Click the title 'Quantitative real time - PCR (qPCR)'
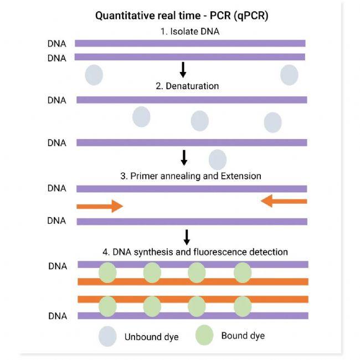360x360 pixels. coord(182,16)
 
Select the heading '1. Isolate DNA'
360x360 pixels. coord(190,32)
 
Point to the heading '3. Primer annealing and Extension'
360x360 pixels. coord(191,176)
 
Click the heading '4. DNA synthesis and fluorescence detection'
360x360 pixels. coord(195,252)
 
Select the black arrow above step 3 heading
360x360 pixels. coord(184,158)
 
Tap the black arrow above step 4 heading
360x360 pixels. coord(187,237)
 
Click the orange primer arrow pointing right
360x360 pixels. coord(100,206)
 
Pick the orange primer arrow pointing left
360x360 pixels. coord(284,201)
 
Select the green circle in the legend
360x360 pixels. coord(204,336)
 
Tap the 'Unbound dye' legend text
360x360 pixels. coord(151,337)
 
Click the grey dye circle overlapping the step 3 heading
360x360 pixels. coord(218,160)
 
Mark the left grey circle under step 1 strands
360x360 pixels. coord(94,74)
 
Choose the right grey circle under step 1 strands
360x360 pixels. coord(289,75)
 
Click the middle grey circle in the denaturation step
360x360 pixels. coord(199,121)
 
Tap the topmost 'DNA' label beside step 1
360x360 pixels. coord(57,43)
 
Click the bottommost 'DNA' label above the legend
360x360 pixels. coord(57,316)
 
